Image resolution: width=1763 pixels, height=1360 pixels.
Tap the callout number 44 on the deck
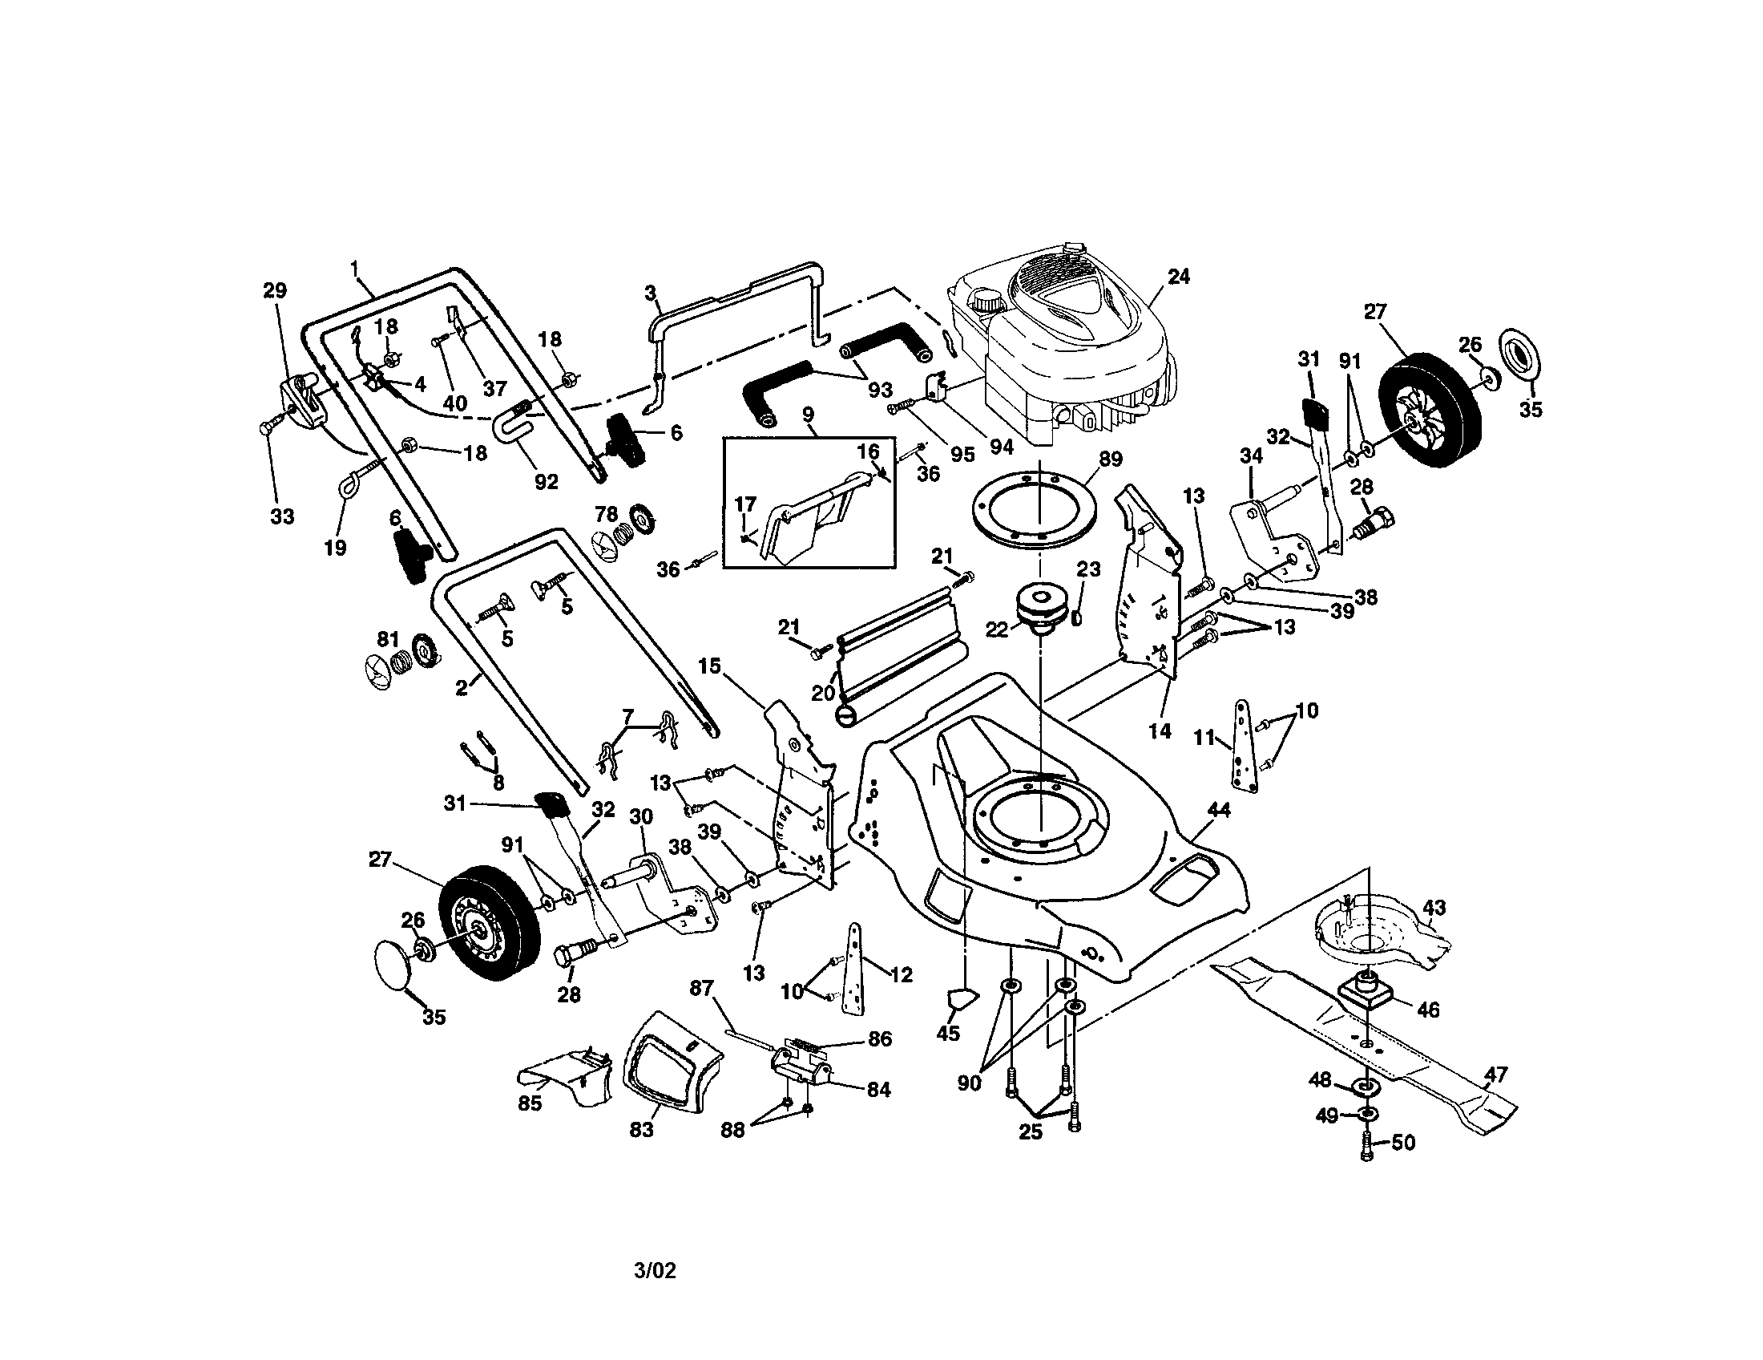pyautogui.click(x=1218, y=809)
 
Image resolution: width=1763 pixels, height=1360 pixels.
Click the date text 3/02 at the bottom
pyautogui.click(x=655, y=1270)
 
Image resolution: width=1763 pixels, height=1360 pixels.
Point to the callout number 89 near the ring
pyautogui.click(x=1111, y=459)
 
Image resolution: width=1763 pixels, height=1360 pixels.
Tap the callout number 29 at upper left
pyautogui.click(x=275, y=290)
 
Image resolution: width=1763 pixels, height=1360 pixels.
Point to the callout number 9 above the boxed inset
pyautogui.click(x=808, y=415)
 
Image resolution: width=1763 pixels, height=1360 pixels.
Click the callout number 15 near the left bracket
pyautogui.click(x=709, y=666)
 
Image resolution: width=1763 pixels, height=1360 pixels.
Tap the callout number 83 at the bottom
pyautogui.click(x=641, y=1130)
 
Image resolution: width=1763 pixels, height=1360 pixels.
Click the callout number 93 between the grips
pyautogui.click(x=879, y=389)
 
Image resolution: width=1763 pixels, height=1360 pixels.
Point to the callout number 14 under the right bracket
pyautogui.click(x=1160, y=731)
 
